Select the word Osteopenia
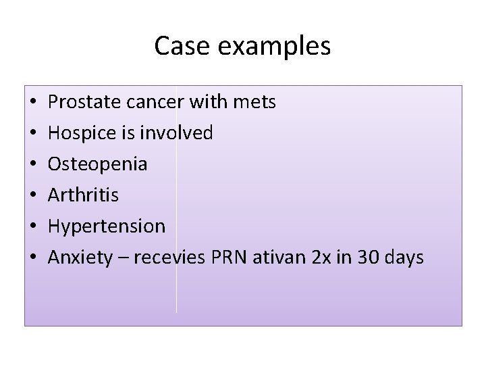(x=98, y=164)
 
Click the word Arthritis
(x=84, y=195)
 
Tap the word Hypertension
(x=107, y=226)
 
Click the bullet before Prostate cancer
(x=33, y=103)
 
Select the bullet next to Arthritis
(x=33, y=196)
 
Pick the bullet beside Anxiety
(x=33, y=258)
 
